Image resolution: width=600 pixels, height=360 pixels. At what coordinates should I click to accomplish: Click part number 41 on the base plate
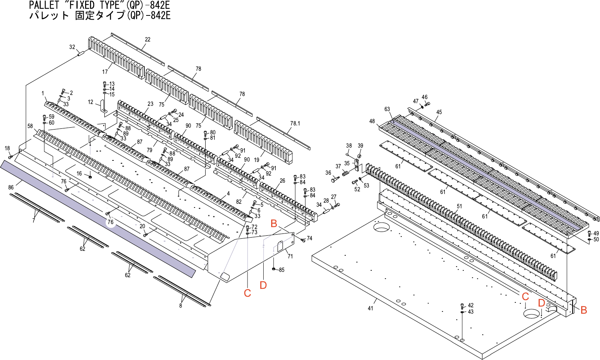370,308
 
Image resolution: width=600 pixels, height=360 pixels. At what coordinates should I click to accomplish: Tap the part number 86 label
11,188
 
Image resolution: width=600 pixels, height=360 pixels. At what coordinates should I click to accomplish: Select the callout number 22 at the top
148,40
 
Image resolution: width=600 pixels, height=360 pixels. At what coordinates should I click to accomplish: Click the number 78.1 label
295,124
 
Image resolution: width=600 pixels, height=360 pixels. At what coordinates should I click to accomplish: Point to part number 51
459,206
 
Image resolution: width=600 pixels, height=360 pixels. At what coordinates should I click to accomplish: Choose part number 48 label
372,121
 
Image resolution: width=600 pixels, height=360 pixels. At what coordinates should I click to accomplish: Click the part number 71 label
290,256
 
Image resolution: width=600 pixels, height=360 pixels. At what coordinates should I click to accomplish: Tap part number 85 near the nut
282,270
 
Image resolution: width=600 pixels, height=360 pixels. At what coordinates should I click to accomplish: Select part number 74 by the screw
309,238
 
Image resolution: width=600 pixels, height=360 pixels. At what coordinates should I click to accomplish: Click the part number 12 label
90,102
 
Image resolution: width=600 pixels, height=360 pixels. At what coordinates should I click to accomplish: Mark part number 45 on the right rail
439,112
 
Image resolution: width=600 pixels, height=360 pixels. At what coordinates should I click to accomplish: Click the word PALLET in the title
44,5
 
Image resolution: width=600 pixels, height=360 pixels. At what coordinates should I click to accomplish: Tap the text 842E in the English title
160,5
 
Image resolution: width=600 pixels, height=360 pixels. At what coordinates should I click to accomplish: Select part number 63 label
387,109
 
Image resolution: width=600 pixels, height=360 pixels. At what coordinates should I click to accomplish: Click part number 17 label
105,72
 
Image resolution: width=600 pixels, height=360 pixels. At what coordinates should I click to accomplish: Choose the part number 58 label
30,126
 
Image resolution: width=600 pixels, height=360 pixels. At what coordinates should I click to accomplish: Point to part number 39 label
360,146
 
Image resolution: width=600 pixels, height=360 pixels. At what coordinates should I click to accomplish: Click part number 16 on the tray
79,174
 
